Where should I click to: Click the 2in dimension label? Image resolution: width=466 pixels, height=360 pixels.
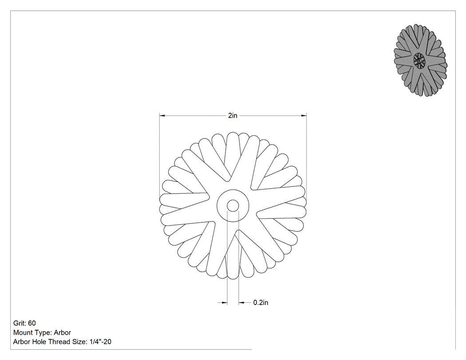pos(233,116)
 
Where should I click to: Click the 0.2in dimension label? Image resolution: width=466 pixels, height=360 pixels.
pos(261,303)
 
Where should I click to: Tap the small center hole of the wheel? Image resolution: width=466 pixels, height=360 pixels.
pos(233,206)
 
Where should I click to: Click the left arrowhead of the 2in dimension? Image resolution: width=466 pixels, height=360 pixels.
pos(162,116)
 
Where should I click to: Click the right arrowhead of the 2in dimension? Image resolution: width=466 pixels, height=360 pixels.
pos(304,116)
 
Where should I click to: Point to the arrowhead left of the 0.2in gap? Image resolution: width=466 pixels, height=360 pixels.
pos(225,303)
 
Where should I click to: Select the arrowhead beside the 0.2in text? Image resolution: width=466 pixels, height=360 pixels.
pos(241,303)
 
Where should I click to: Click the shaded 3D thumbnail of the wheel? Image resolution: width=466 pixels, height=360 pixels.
pos(420,60)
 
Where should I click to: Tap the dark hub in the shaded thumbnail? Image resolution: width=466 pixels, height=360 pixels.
pos(419,60)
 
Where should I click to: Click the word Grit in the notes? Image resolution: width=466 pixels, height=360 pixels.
pos(20,323)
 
